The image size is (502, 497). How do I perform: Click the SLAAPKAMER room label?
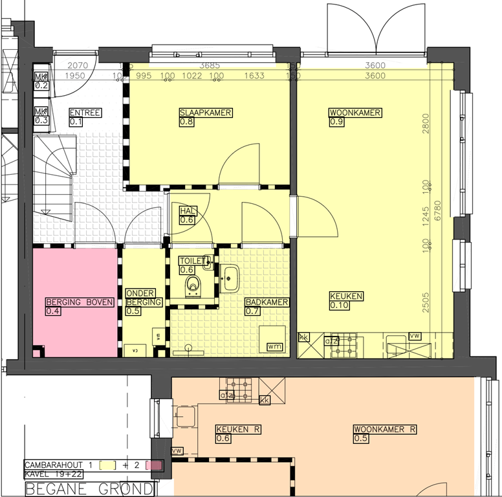coord(206,113)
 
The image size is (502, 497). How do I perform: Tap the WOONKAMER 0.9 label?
coord(355,113)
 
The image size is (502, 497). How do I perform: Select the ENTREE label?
coord(85,113)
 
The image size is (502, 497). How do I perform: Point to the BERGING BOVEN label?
coord(80,302)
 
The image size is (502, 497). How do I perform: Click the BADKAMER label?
coord(267,302)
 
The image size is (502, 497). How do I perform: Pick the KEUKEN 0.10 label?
coord(346,296)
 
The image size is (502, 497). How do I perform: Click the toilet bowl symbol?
coord(193,285)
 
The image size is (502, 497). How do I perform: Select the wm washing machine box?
coord(274,348)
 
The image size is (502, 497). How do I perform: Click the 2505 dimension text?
coord(426,302)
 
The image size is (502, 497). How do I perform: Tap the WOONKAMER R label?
coord(384,429)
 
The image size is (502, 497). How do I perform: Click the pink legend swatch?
coord(155,465)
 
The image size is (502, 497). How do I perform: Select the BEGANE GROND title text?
coord(89,489)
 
